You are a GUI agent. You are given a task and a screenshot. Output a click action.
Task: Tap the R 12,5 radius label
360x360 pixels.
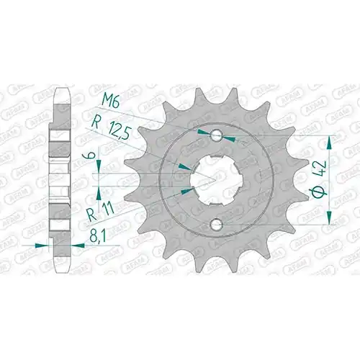(x=111, y=129)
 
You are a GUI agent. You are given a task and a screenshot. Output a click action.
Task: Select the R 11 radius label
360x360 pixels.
(x=100, y=211)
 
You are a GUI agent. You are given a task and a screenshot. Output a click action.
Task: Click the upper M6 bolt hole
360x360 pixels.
(x=216, y=136)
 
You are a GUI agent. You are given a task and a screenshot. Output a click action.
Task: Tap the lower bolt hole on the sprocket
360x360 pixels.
(x=216, y=225)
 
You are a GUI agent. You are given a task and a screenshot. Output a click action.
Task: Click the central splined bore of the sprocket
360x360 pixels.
(x=217, y=180)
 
